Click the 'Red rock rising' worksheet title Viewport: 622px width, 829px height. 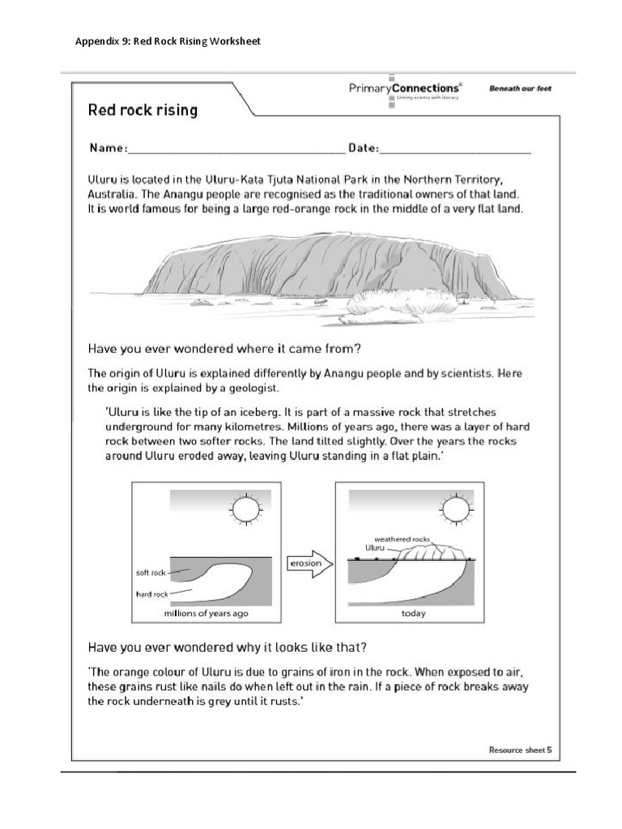pos(143,109)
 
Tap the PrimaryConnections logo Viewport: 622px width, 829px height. pos(406,90)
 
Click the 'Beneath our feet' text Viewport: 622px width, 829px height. pos(520,89)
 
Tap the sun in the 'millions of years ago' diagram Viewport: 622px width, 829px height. pos(245,509)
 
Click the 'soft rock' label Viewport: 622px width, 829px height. pos(151,572)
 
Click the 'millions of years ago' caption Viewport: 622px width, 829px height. pos(207,614)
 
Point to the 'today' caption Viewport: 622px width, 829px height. pos(413,614)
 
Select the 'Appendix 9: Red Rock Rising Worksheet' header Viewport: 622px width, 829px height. pos(168,41)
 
